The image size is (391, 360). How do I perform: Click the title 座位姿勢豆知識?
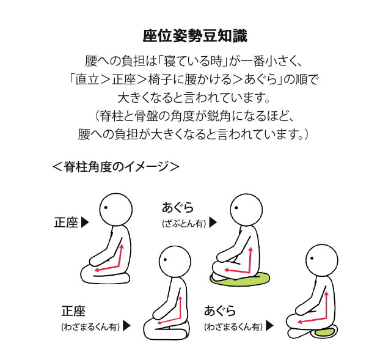coord(195,35)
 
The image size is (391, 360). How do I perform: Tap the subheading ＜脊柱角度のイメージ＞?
coord(116,167)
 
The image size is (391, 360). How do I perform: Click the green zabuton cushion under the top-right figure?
coord(240,279)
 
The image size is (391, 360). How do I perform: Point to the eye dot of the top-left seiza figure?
coord(106,208)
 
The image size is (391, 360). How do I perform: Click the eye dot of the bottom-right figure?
coord(312,259)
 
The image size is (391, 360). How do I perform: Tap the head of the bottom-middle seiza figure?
coord(175,262)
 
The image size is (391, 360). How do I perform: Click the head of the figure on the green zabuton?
coord(246,210)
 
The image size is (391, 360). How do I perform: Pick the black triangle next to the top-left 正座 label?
coord(86,222)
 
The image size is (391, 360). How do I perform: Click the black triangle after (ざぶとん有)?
coord(213,222)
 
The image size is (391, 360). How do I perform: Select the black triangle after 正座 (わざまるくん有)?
coord(127,326)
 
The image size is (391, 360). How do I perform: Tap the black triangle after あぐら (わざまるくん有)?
coord(270,326)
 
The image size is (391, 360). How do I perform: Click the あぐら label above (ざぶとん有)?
coord(178,207)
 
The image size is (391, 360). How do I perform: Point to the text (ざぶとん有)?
coord(185,224)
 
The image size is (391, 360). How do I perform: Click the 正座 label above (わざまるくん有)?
coord(73,311)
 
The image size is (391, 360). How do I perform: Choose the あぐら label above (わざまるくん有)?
coord(220,311)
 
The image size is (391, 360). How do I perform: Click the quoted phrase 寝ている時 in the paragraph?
coord(192,61)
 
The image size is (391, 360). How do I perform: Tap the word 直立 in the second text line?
coord(87,79)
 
